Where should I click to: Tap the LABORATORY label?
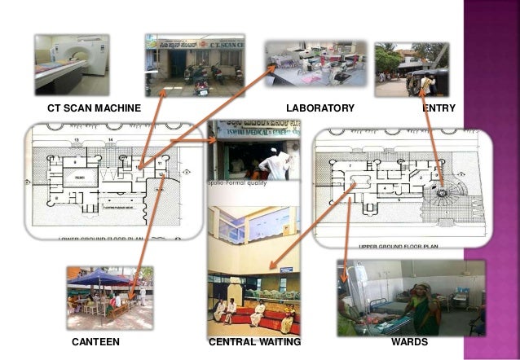[320, 108]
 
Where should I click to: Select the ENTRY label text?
[438, 108]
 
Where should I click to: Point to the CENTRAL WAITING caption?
[255, 343]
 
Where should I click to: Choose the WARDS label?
[409, 343]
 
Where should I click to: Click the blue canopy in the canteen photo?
[98, 278]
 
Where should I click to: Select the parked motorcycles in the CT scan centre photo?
[196, 77]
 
